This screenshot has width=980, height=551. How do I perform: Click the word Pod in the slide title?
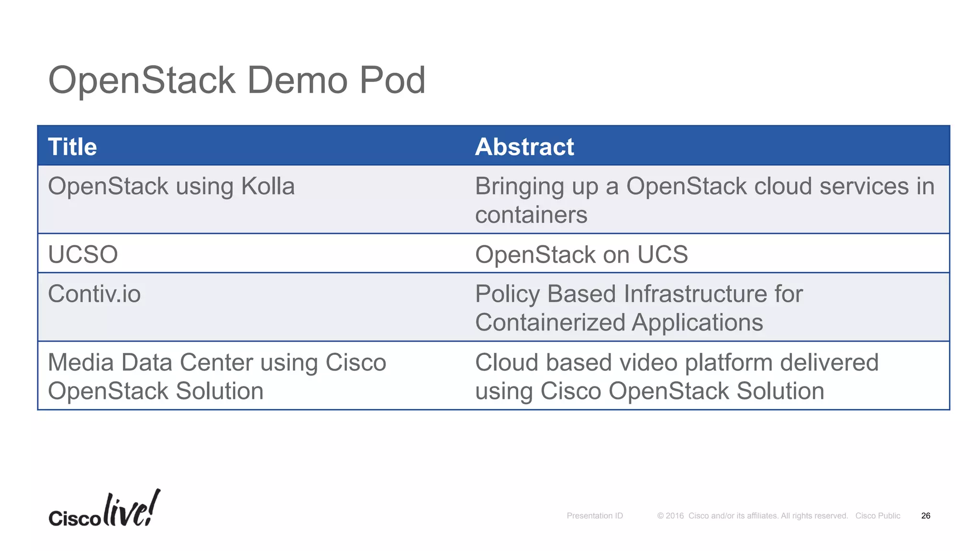click(392, 80)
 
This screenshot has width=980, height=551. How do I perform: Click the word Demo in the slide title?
click(297, 80)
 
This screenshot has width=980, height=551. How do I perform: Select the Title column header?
click(73, 147)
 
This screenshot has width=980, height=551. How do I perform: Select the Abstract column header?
click(524, 147)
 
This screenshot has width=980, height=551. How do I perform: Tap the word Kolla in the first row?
click(267, 186)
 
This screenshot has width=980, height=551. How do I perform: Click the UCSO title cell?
click(83, 254)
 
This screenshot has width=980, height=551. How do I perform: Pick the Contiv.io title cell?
click(94, 294)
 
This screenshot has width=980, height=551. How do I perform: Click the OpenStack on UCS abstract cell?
click(581, 254)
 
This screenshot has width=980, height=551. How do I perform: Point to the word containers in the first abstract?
click(531, 215)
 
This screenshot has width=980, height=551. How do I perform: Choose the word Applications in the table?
click(697, 322)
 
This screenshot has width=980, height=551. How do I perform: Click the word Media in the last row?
click(81, 363)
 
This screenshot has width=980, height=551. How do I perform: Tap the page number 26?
click(925, 516)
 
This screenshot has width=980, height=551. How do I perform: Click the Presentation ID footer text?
click(594, 516)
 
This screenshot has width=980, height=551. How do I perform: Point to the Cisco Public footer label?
click(878, 516)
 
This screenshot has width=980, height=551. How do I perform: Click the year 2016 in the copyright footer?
click(675, 516)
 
